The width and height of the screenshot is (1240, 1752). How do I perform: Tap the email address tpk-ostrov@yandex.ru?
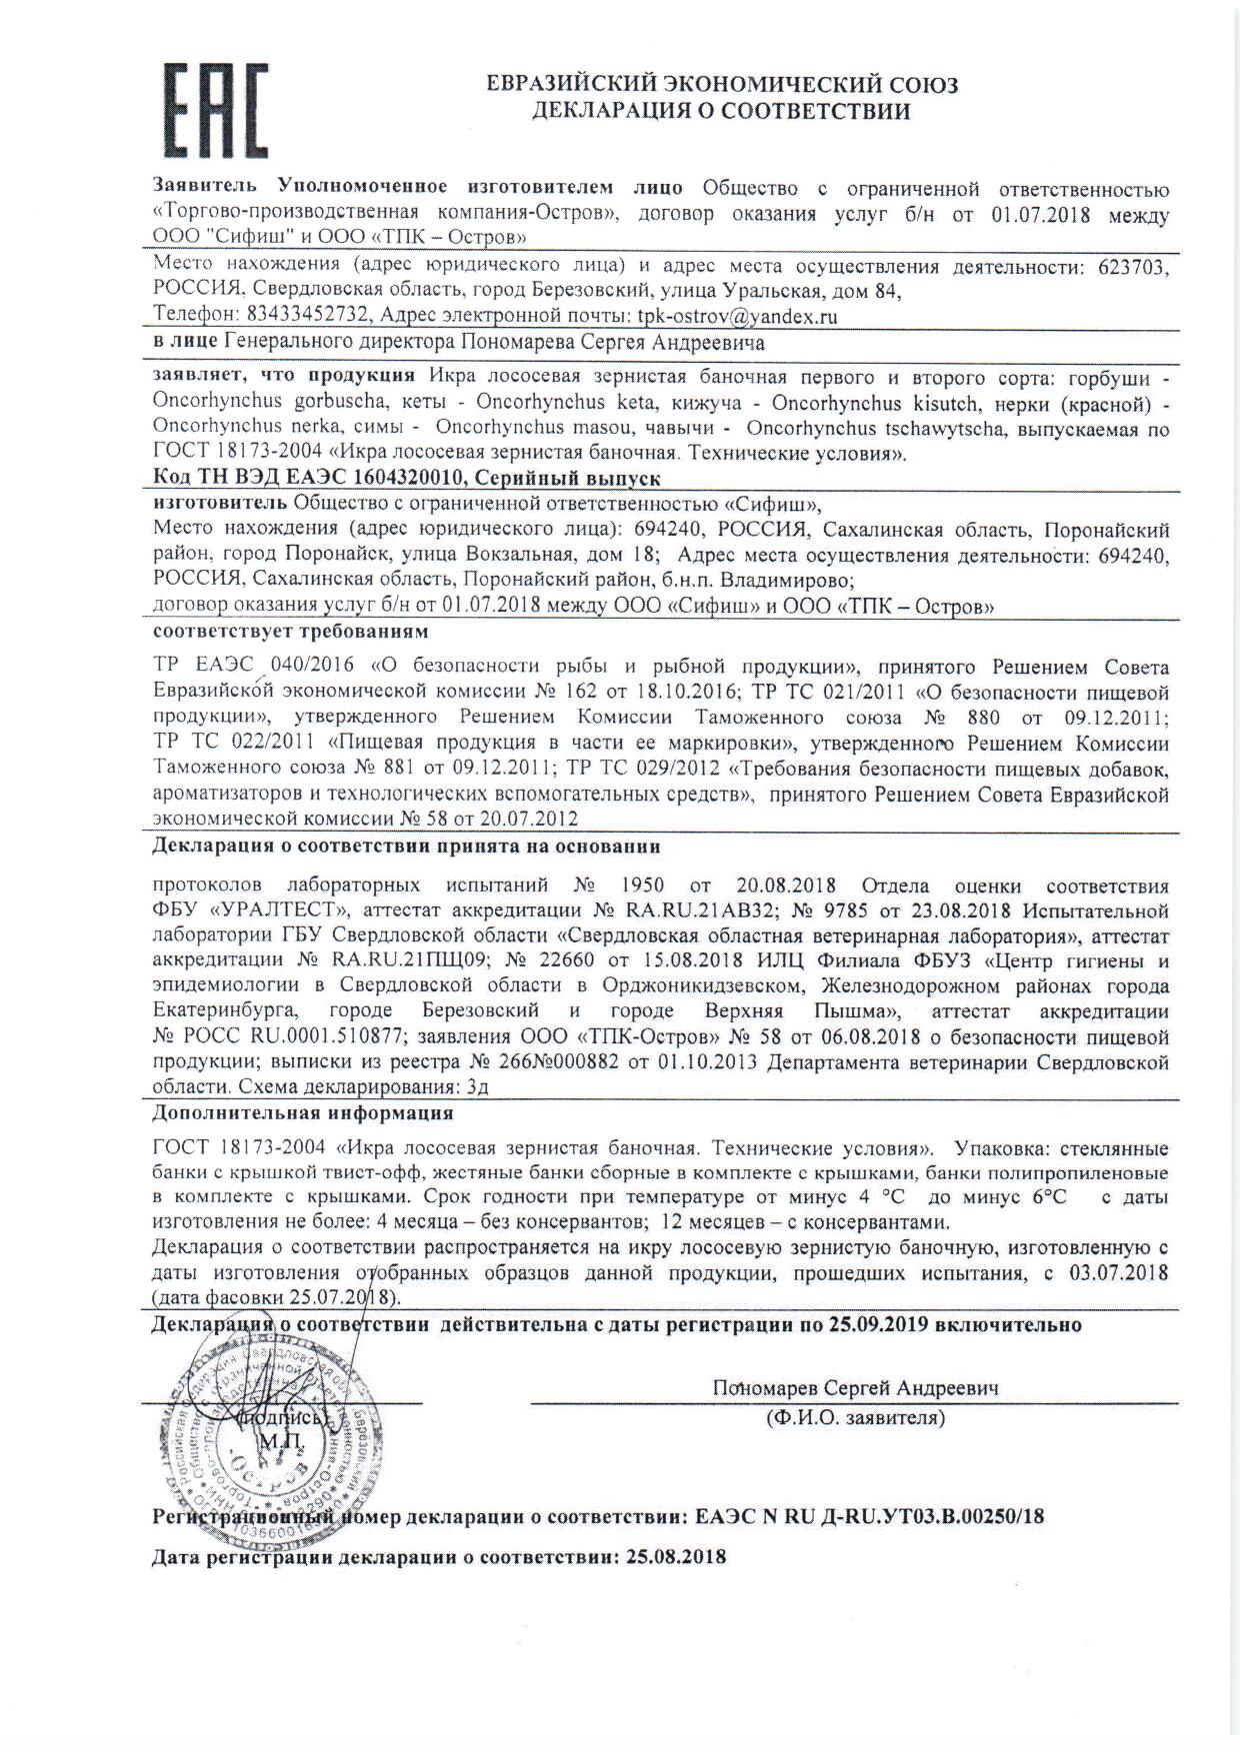737,317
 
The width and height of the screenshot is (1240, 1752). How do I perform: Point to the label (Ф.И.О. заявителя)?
855,1417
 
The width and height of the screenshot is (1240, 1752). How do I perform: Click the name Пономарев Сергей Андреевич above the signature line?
855,1388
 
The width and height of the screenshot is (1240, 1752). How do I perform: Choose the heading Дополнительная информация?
303,1112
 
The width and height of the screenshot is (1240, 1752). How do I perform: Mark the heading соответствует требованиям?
291,633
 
